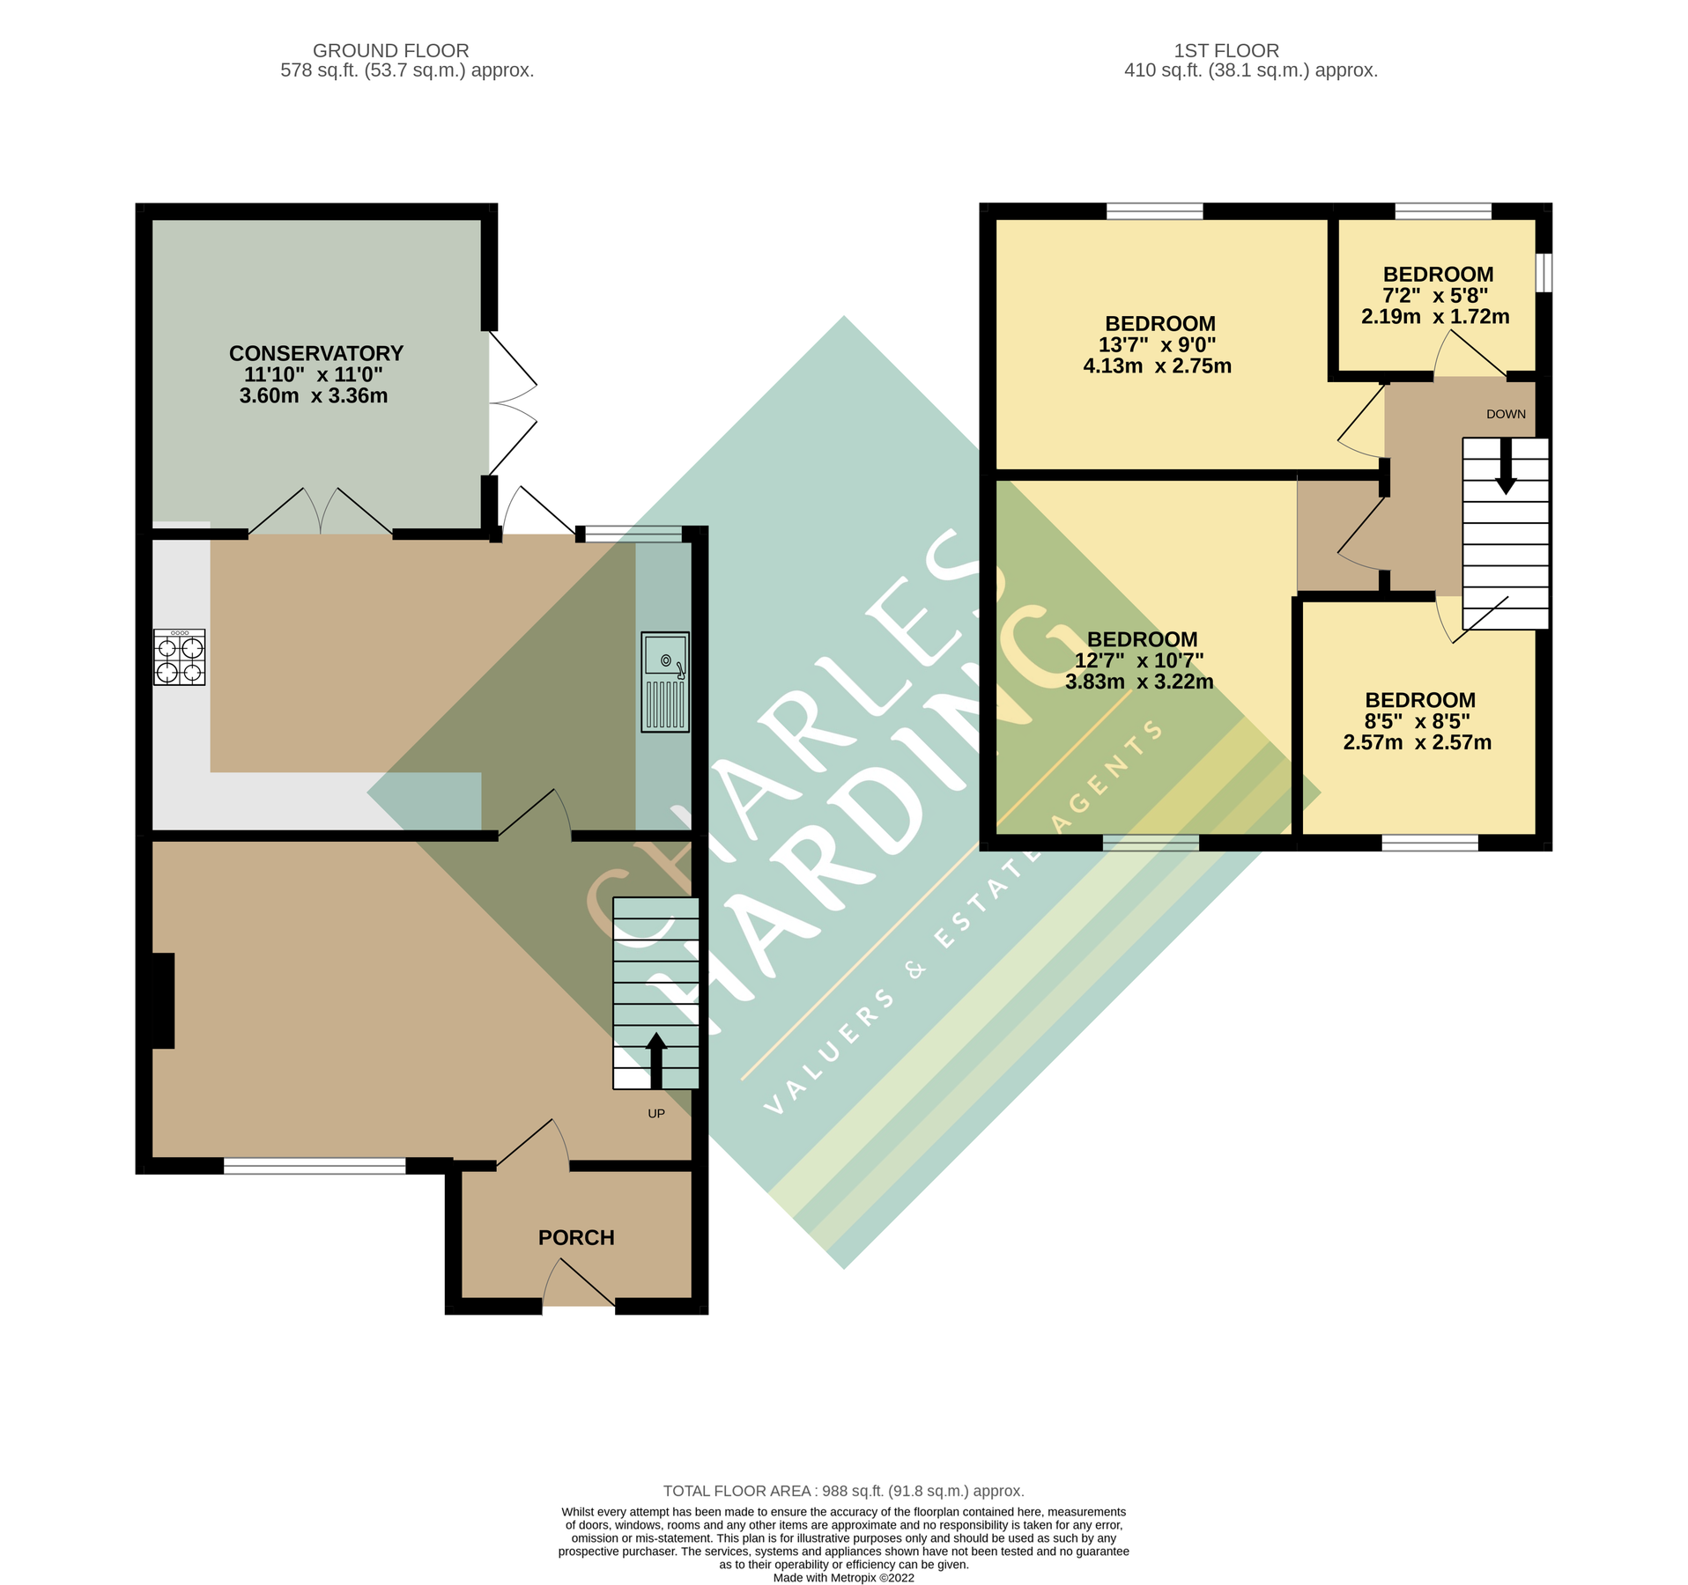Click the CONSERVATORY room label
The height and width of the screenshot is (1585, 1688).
pos(315,353)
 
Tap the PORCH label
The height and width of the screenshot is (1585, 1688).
pos(576,1237)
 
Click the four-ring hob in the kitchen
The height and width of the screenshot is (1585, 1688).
pos(180,657)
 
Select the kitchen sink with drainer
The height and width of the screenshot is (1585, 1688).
pos(664,682)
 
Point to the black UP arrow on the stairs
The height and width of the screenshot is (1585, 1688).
pos(655,1059)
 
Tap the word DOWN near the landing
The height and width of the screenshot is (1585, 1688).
pos(1506,414)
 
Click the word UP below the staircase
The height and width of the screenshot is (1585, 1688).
pos(655,1113)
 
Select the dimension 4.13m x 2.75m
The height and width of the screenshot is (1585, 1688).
pos(1157,366)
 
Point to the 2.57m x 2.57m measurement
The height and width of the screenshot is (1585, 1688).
pos(1417,742)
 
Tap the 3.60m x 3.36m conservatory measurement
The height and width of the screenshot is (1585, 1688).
pos(314,396)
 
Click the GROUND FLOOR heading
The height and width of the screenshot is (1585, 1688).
pos(390,51)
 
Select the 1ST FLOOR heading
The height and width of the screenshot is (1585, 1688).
pos(1225,51)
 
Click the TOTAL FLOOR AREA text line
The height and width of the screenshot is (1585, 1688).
pos(843,1491)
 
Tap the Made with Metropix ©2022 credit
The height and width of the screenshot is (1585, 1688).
pos(843,1578)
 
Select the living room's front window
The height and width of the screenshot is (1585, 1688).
pos(315,1166)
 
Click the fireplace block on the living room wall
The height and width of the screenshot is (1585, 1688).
pos(163,1000)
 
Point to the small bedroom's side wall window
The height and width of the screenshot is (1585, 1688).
pos(1543,272)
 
